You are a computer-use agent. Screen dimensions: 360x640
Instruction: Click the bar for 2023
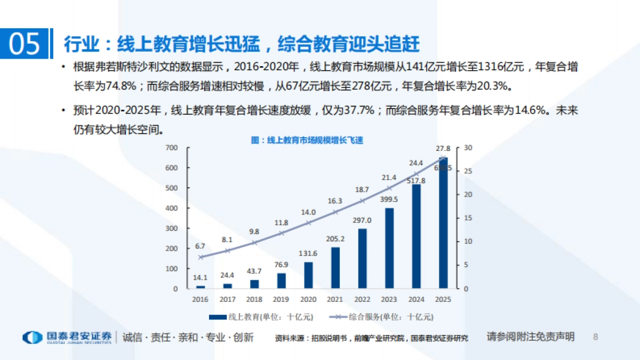pyautogui.click(x=389, y=248)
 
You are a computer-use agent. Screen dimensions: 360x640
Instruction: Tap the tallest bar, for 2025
pyautogui.click(x=443, y=224)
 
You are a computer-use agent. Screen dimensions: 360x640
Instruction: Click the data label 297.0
pyautogui.click(x=362, y=220)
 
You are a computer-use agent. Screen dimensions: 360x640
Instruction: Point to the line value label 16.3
pyautogui.click(x=335, y=201)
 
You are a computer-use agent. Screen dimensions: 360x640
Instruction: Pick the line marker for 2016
pyautogui.click(x=201, y=257)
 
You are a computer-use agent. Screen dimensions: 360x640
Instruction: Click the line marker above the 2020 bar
pyautogui.click(x=308, y=222)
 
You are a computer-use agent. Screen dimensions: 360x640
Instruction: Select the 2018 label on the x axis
pyautogui.click(x=254, y=300)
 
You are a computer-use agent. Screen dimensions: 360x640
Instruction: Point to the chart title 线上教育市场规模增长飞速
pyautogui.click(x=307, y=140)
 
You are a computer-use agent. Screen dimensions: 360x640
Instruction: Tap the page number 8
pyautogui.click(x=596, y=337)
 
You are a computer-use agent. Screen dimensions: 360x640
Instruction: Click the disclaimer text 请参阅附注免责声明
pyautogui.click(x=530, y=337)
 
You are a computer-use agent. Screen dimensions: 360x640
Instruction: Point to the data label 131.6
pyautogui.click(x=308, y=253)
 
